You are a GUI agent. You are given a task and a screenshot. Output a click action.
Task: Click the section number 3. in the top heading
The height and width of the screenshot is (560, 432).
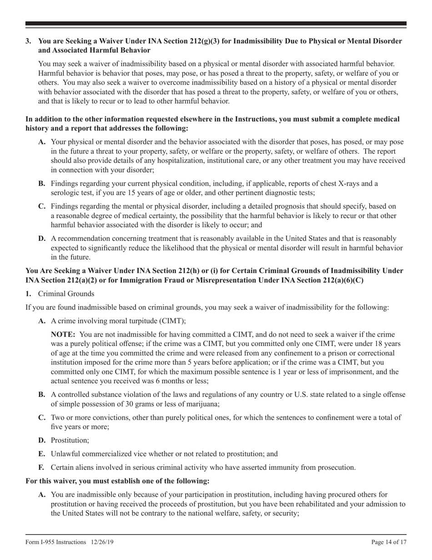(28, 41)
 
